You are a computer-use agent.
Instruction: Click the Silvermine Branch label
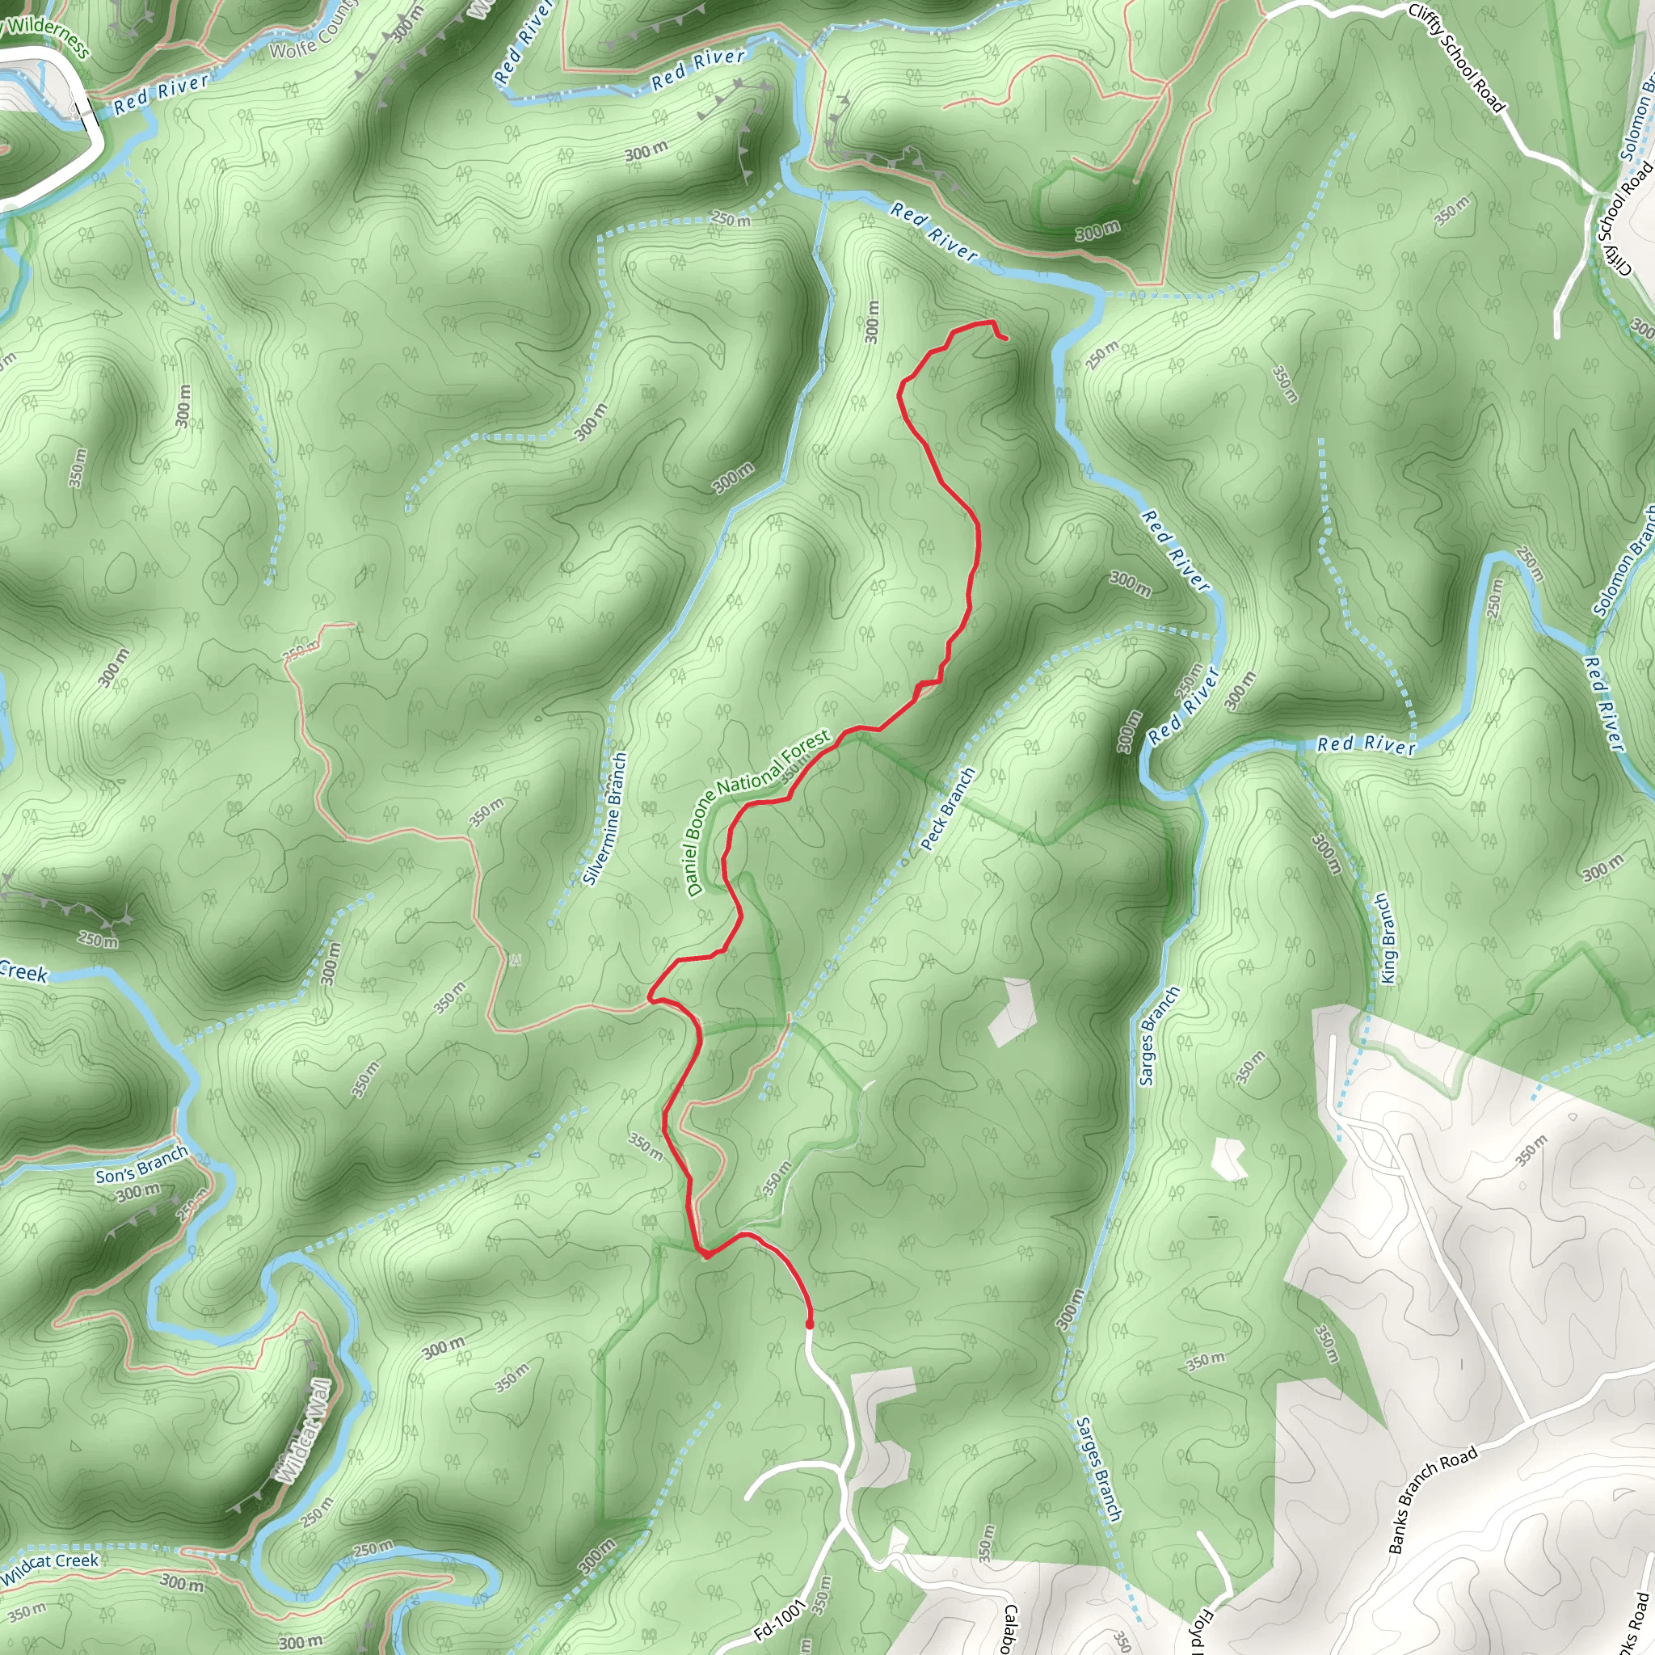click(604, 818)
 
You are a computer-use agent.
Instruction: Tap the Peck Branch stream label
click(947, 809)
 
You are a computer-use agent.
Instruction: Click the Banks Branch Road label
click(1432, 1499)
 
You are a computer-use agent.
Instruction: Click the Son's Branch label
click(141, 1164)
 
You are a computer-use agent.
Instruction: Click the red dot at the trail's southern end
click(810, 1324)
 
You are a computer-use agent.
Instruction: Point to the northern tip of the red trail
click(1004, 339)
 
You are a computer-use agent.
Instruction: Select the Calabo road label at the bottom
click(1009, 1626)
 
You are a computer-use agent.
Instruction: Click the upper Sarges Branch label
click(1159, 1036)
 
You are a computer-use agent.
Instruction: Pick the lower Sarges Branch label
click(1098, 1468)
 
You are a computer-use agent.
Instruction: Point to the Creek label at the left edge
click(24, 972)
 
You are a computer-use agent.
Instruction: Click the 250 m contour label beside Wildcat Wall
click(317, 1513)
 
